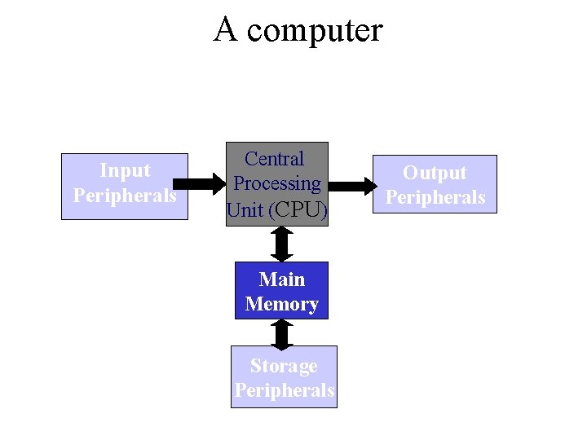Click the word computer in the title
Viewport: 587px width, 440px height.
(x=315, y=31)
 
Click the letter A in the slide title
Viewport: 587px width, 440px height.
(x=226, y=29)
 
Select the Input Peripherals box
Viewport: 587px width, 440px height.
(x=125, y=186)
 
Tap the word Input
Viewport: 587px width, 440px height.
(x=125, y=170)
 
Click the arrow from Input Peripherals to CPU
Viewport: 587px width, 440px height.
(x=207, y=183)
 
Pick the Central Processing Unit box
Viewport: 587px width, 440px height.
(x=277, y=183)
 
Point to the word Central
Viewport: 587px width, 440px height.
(x=275, y=159)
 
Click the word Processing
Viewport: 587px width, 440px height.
(x=277, y=184)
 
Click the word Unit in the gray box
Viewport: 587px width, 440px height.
(x=245, y=210)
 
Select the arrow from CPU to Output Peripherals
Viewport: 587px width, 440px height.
(x=351, y=186)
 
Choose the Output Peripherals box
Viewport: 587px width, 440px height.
(x=435, y=184)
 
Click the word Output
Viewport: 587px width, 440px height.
(x=435, y=173)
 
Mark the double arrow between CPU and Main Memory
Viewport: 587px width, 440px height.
(x=282, y=243)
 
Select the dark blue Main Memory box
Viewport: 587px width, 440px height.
(x=282, y=290)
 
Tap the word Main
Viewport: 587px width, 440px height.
(x=282, y=279)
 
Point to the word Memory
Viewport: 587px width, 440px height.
(x=282, y=304)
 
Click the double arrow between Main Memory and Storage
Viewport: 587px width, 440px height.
(x=282, y=332)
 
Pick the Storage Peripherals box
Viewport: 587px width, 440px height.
(x=284, y=377)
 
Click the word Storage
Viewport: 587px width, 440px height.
(x=284, y=366)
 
